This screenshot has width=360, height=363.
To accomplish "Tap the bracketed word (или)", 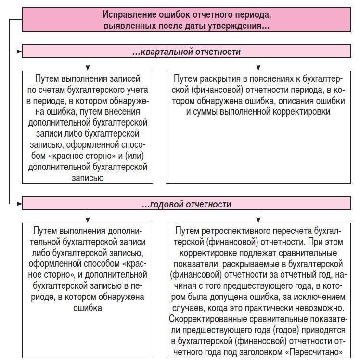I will coord(136,156).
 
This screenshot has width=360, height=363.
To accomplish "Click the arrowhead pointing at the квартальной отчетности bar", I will coord(19,50).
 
